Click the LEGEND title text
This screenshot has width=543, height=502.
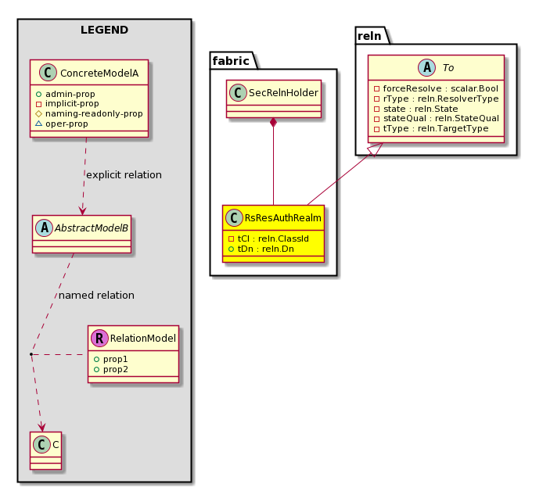pos(104,30)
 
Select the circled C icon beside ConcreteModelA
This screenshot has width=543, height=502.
pos(48,73)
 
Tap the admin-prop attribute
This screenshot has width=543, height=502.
pos(70,94)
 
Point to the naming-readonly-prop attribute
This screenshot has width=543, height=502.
pos(94,113)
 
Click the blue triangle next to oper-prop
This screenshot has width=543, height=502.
pos(39,124)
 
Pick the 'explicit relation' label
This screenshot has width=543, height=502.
pos(124,175)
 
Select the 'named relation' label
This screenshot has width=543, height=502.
pos(96,295)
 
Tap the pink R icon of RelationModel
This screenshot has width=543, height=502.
pos(99,338)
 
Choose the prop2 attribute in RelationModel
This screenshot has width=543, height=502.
pos(115,369)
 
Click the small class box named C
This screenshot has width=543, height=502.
pos(45,450)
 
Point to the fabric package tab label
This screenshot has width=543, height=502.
pos(231,61)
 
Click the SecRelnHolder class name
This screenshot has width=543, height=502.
pos(283,93)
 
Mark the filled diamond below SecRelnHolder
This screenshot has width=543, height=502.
pos(273,123)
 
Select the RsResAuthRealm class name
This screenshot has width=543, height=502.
pos(282,218)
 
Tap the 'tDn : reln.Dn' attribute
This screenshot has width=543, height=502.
pos(265,249)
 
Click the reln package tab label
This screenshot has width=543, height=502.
pos(369,36)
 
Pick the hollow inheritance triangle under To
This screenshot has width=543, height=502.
pos(376,149)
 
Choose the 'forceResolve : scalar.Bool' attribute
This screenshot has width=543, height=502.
pos(441,88)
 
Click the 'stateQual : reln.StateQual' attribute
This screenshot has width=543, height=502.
pos(441,118)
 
